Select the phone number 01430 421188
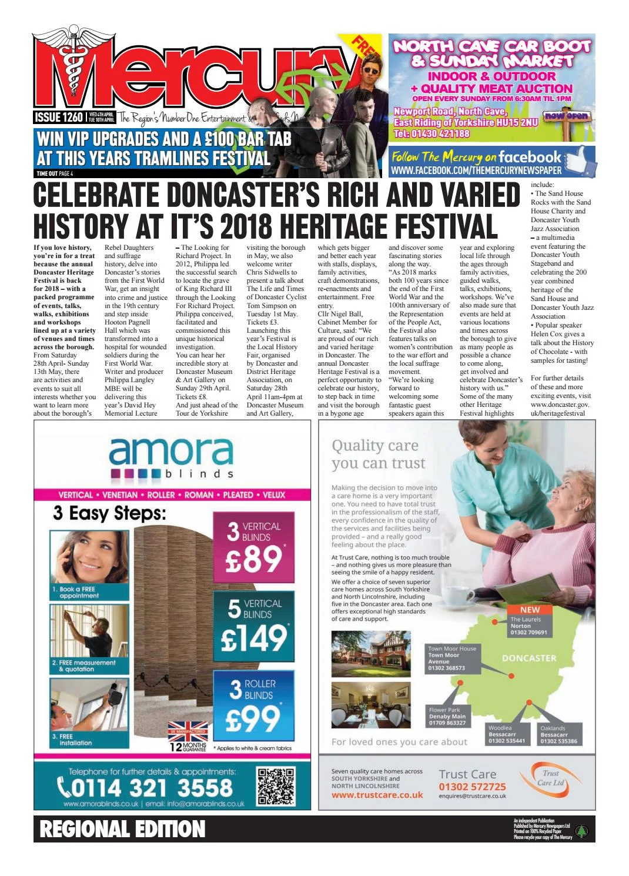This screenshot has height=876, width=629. coord(432,133)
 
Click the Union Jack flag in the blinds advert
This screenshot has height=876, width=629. coord(188,731)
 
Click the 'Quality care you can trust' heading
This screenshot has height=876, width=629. coord(378,454)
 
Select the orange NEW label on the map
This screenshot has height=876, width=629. coord(530,610)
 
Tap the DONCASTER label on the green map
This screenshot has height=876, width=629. coord(529,658)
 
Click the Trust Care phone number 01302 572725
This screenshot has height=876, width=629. coord(472,787)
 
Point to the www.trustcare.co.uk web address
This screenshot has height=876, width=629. coord(377,795)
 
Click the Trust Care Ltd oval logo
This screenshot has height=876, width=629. coord(551,778)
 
